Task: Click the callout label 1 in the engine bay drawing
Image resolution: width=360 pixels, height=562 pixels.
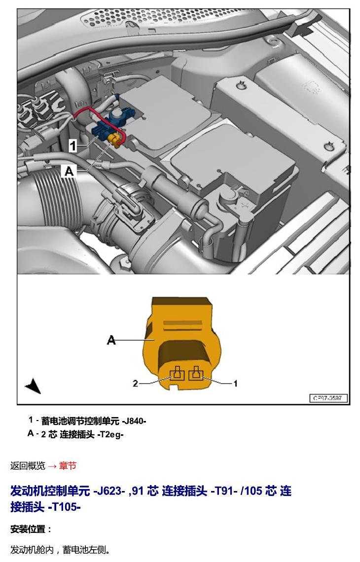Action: (73, 146)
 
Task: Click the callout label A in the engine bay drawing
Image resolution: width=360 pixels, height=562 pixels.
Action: (69, 171)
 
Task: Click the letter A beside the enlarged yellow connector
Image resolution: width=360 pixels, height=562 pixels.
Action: (111, 340)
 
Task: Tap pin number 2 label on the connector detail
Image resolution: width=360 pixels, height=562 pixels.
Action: (135, 384)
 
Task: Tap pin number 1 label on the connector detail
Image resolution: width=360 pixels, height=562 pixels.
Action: (235, 384)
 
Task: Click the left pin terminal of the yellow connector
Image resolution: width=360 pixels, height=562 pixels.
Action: (177, 374)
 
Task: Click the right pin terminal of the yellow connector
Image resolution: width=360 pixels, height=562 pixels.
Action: (196, 374)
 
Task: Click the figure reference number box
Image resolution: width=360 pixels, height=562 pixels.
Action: (328, 398)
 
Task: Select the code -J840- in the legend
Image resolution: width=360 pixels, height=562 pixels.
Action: (134, 421)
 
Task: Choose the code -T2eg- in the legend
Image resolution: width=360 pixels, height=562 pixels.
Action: (110, 435)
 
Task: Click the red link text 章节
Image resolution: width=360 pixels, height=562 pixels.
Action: (68, 466)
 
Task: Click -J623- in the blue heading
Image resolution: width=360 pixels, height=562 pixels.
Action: (109, 491)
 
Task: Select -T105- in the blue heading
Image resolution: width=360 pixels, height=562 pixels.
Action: (64, 507)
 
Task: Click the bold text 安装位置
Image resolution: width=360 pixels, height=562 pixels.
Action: (28, 529)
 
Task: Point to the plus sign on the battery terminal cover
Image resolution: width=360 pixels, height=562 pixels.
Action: (247, 206)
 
